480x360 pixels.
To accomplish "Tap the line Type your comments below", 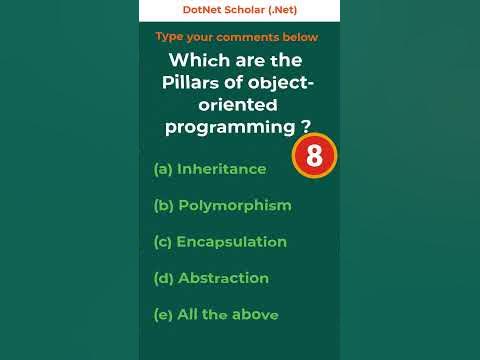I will (x=237, y=37).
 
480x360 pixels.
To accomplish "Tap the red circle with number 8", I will (x=314, y=157).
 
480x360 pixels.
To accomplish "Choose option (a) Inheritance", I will (x=210, y=169).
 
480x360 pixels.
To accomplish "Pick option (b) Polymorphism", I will (x=222, y=205).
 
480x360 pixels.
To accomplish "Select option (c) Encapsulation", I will (x=220, y=242).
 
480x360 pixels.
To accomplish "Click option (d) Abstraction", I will (x=211, y=278).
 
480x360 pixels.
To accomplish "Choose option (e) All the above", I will (x=215, y=314).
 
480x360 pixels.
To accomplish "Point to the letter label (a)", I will (x=163, y=169).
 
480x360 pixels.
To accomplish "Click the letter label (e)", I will (x=163, y=314).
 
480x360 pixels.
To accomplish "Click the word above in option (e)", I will (x=254, y=314).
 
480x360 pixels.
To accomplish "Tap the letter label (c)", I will (x=162, y=242).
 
